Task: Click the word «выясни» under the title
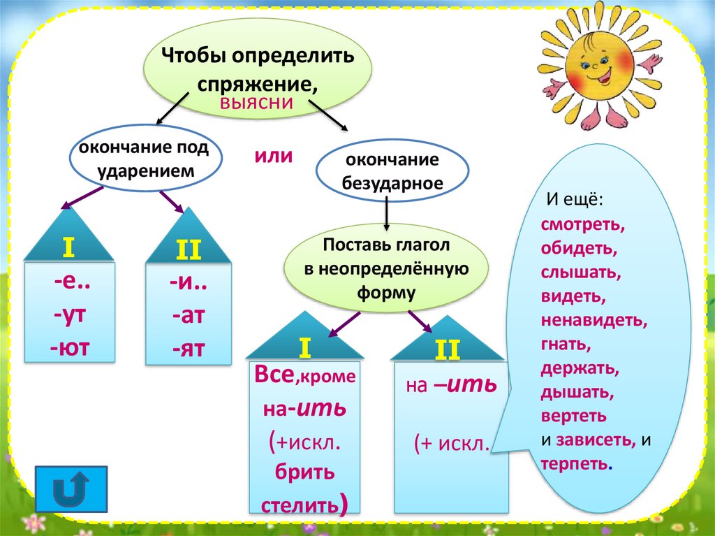point(256,102)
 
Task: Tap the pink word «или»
point(274,156)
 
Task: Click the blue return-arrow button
point(71,489)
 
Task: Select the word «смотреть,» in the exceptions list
point(583,224)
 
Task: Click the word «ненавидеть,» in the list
point(594,321)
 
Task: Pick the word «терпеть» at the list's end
point(574,464)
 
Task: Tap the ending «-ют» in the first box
point(69,348)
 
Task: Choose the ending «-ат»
point(189,315)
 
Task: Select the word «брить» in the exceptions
point(304,472)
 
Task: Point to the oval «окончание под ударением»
point(145,158)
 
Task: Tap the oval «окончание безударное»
point(392,171)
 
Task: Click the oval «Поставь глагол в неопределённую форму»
point(386,268)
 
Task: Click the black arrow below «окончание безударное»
point(387,213)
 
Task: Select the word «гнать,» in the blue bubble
point(566,345)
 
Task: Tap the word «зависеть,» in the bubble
point(596,440)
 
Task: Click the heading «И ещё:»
point(575,200)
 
